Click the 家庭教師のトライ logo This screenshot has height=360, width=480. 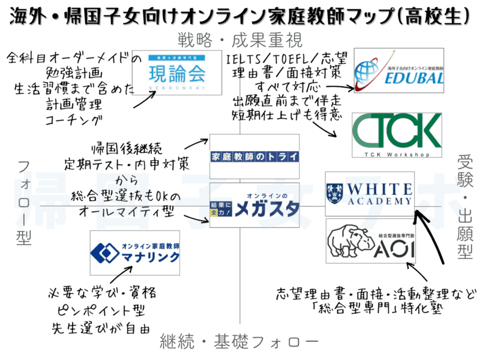pos(254,157)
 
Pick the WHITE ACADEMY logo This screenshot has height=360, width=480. pos(369,194)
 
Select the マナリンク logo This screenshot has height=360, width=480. pos(135,253)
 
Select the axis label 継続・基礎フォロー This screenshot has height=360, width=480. pos(239,343)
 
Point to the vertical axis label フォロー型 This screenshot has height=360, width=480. pos(25,202)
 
